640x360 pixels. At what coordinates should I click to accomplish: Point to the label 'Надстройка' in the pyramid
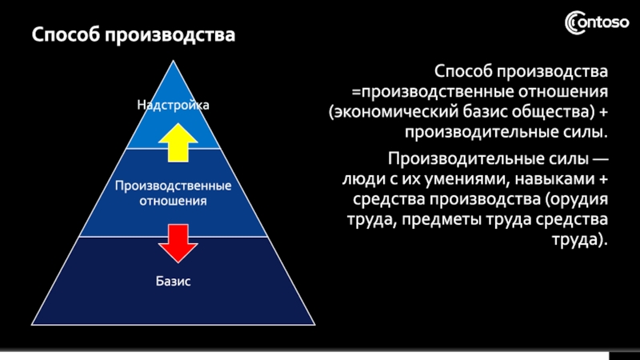(173, 105)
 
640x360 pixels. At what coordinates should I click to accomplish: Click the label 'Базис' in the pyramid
(173, 282)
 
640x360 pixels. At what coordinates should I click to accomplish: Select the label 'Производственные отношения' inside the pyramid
(173, 193)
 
